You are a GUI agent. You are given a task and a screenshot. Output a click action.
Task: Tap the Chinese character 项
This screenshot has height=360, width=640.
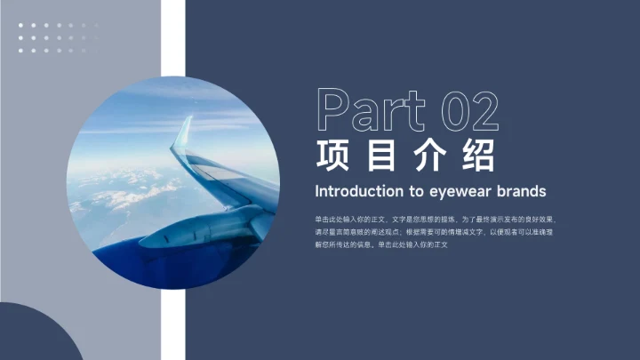pos(332,154)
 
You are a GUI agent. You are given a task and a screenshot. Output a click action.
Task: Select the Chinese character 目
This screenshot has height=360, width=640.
pos(380,154)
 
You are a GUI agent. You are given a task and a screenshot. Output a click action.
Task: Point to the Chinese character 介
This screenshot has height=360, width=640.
pos(429,154)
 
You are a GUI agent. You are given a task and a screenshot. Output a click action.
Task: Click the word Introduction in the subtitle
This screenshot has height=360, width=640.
pos(358,191)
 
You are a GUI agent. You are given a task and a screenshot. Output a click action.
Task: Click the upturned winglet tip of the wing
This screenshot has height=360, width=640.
pos(183,129)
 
